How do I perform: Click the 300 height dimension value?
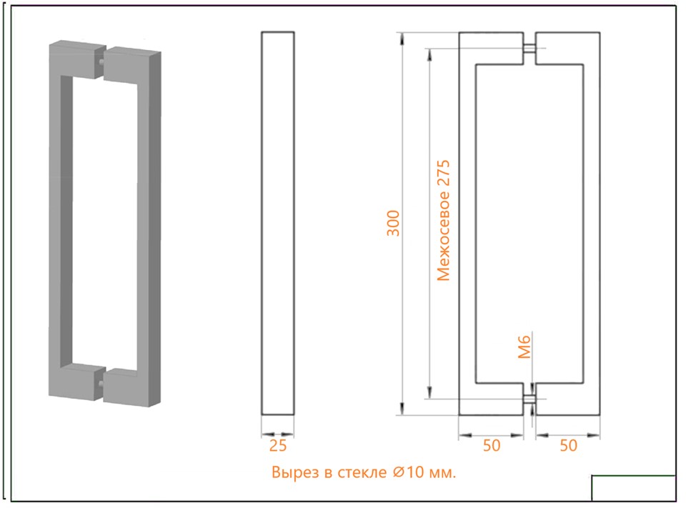(393, 223)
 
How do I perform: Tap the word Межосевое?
(443, 239)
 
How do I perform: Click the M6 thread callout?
(524, 347)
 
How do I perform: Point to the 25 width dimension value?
(278, 445)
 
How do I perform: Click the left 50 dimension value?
(492, 445)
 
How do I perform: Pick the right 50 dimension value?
(568, 445)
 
